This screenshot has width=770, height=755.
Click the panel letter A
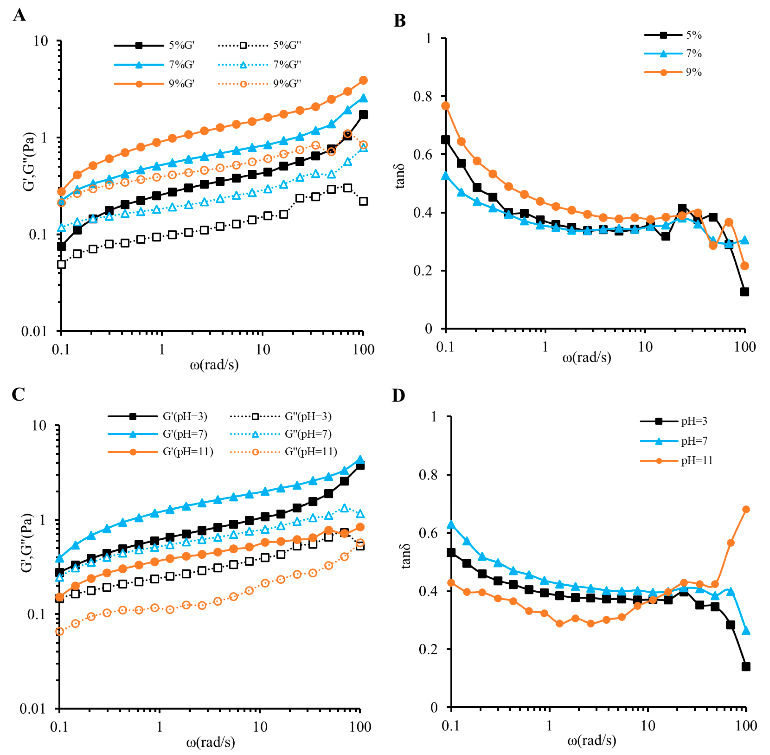click(19, 15)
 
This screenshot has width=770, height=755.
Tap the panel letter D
click(399, 395)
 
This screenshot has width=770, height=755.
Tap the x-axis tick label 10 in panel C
click(260, 727)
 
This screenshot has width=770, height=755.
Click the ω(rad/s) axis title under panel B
click(586, 358)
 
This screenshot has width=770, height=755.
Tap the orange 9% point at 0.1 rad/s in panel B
click(446, 106)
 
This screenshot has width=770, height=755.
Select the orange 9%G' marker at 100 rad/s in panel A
click(363, 80)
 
